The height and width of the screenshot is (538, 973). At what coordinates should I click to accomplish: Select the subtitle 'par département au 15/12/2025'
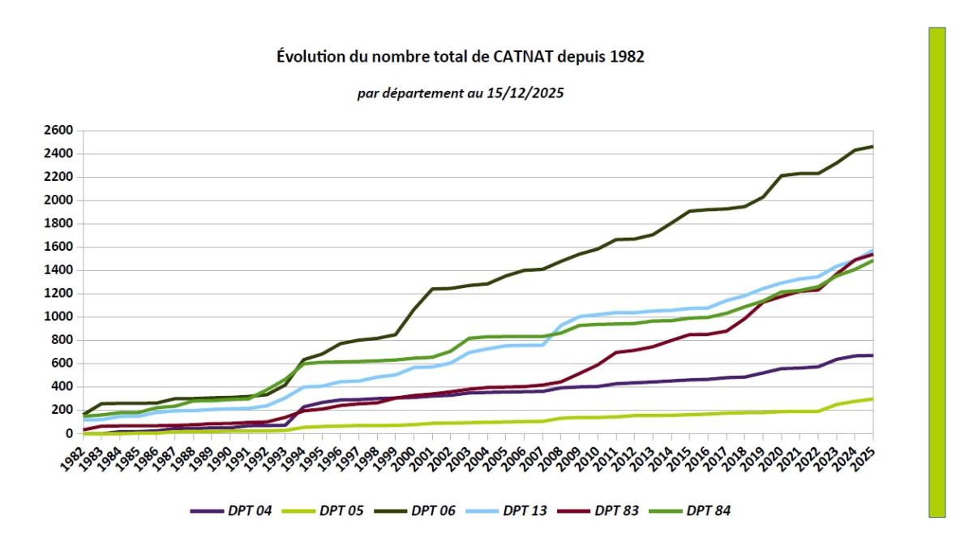pyautogui.click(x=461, y=93)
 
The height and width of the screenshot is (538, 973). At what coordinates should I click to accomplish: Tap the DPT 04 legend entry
pyautogui.click(x=231, y=510)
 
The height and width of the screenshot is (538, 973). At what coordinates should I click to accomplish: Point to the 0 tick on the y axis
pyautogui.click(x=68, y=433)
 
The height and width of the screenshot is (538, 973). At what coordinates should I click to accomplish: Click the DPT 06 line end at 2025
pyautogui.click(x=872, y=147)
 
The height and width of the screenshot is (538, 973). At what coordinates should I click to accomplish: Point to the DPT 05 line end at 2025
pyautogui.click(x=872, y=398)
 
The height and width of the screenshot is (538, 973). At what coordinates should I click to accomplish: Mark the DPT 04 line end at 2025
pyautogui.click(x=872, y=355)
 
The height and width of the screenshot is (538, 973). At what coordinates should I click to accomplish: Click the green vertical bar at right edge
pyautogui.click(x=937, y=272)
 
